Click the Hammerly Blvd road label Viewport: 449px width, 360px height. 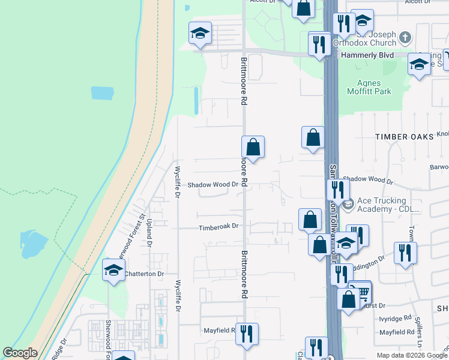click(x=367, y=55)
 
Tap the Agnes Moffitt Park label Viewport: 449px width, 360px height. click(x=369, y=87)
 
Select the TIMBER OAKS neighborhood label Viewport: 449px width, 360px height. click(x=404, y=137)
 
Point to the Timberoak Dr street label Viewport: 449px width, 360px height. click(x=219, y=227)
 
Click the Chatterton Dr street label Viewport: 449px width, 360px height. click(x=144, y=274)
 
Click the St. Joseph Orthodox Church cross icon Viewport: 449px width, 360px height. click(x=405, y=38)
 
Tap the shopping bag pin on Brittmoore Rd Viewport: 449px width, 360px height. click(x=253, y=146)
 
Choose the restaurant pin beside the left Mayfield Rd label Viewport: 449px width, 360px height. click(x=246, y=334)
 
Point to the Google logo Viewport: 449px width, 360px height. click(x=20, y=353)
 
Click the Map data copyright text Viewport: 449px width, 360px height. click(x=412, y=355)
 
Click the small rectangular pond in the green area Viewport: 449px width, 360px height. click(x=102, y=93)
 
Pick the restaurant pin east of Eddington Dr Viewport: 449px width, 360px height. click(x=406, y=253)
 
